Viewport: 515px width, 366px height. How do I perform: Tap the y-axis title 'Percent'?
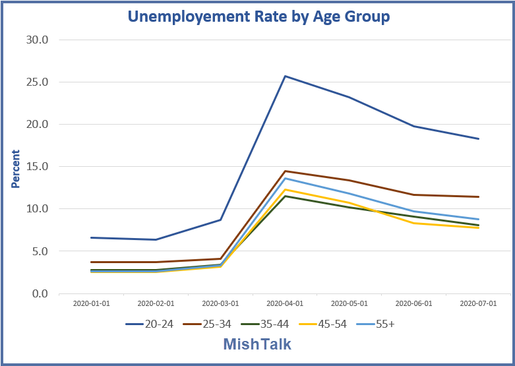point(16,169)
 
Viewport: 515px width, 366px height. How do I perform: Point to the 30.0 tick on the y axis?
point(36,40)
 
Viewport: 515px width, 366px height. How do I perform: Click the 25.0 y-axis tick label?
point(36,82)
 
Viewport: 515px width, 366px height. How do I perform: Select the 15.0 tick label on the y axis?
point(36,167)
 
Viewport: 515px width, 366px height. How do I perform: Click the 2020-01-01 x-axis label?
point(91,305)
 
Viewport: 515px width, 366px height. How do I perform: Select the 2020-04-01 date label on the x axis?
point(285,305)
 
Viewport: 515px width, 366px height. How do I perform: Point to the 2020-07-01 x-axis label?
point(478,305)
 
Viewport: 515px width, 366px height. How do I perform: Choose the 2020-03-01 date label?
point(220,305)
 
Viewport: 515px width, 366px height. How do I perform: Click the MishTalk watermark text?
point(257,344)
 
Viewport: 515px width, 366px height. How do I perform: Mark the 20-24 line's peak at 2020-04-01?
point(285,76)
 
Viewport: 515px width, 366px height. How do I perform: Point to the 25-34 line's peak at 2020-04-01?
point(285,171)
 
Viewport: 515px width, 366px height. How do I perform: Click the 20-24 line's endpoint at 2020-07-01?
point(478,138)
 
